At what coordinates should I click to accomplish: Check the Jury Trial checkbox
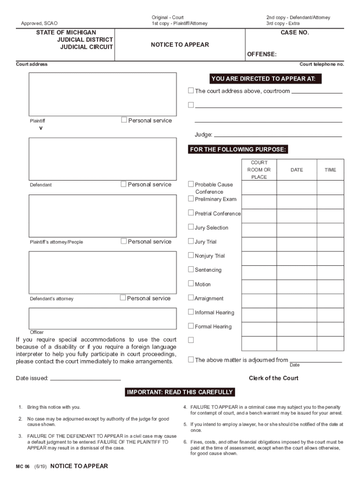[191, 241]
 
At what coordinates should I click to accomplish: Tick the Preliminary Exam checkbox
[191, 199]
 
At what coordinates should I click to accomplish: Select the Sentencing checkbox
[191, 269]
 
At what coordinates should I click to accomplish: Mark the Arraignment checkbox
[191, 298]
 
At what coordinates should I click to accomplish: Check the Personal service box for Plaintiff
[124, 120]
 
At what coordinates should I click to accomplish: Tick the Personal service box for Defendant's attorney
[123, 298]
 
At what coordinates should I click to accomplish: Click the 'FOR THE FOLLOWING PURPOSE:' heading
[238, 150]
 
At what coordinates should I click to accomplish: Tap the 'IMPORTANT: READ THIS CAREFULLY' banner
[180, 392]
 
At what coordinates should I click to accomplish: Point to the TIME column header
[330, 170]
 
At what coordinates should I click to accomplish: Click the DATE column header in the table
[296, 170]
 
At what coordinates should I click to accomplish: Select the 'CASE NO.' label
[295, 33]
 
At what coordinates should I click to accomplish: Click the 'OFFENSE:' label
[261, 54]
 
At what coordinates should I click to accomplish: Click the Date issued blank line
[85, 378]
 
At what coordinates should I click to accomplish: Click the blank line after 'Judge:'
[278, 135]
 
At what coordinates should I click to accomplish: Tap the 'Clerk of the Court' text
[274, 378]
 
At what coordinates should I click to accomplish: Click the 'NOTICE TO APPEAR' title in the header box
[180, 45]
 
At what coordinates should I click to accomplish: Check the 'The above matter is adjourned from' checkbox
[191, 360]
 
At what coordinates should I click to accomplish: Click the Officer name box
[103, 318]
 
